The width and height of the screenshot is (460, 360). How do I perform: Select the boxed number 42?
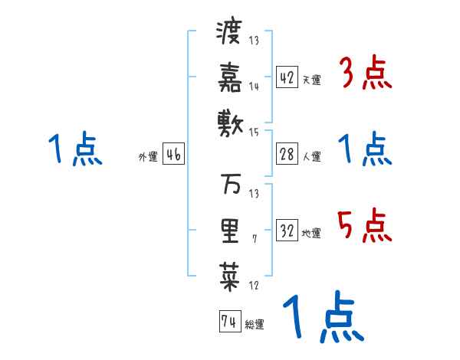pyautogui.click(x=287, y=78)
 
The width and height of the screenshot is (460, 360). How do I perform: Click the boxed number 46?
pyautogui.click(x=173, y=155)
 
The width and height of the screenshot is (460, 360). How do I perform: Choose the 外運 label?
pyautogui.click(x=147, y=157)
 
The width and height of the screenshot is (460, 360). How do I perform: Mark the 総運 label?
pyautogui.click(x=255, y=325)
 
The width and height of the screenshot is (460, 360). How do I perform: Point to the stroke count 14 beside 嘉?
pyautogui.click(x=255, y=86)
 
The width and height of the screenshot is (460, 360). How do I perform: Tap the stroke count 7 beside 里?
pyautogui.click(x=254, y=239)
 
